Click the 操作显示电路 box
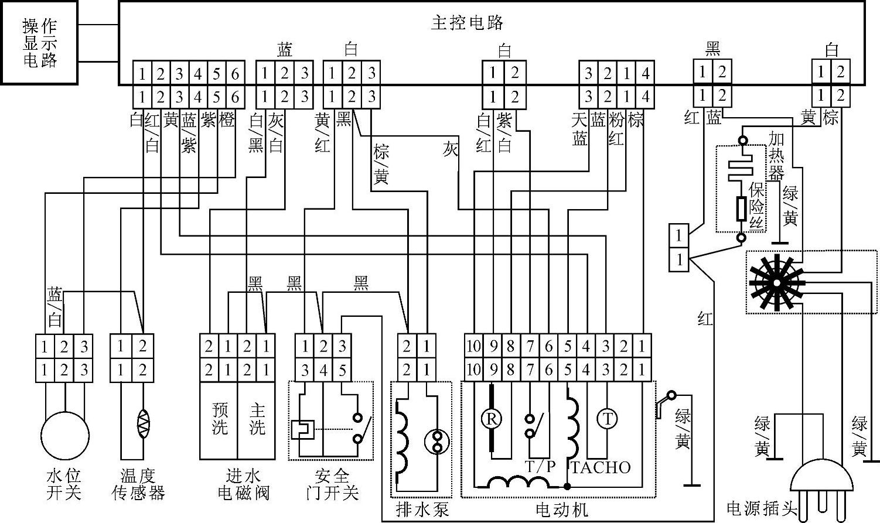point(39,42)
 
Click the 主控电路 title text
point(467,22)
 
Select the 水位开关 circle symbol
point(64,435)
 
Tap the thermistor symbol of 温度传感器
point(143,422)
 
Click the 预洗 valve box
point(219,420)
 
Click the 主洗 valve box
point(257,420)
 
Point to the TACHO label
point(601,467)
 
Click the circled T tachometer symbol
point(607,419)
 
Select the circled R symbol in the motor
point(492,419)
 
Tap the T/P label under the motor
point(540,467)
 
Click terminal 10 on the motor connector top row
point(473,347)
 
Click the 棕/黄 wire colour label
point(381,163)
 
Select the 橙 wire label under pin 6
point(226,120)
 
